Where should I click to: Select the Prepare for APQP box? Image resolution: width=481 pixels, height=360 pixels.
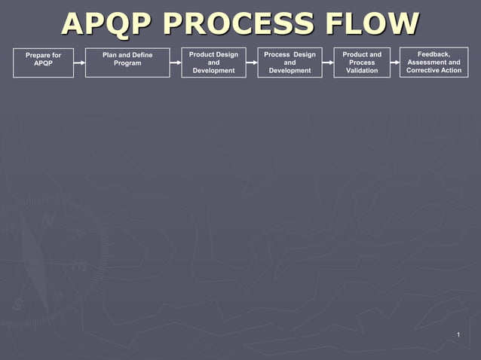44,63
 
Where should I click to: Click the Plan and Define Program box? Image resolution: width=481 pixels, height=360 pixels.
127,63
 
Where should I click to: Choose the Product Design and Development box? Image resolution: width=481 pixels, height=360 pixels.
213,63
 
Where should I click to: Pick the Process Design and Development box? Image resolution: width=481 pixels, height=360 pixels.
290,63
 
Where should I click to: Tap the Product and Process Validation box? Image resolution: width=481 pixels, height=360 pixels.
362,63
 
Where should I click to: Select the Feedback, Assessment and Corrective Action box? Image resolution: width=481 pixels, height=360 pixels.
434,63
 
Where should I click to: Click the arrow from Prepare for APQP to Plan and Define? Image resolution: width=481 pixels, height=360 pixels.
79,63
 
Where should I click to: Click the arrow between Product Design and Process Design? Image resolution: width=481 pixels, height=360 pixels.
252,63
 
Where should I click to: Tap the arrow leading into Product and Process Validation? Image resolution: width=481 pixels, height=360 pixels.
328,63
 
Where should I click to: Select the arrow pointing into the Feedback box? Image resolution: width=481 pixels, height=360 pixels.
396,63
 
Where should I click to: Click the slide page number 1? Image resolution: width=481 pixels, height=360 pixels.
458,334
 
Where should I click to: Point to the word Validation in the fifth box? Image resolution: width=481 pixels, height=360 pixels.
362,71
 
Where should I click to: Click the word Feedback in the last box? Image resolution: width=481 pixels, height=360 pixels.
434,54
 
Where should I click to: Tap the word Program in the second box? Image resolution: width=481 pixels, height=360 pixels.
127,63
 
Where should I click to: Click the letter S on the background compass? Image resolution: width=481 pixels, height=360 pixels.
17,304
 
